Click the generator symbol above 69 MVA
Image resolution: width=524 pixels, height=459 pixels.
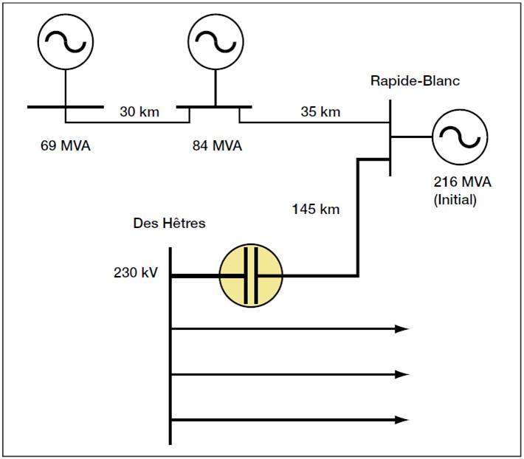tap(66, 42)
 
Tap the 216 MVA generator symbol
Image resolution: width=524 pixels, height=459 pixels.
tap(459, 137)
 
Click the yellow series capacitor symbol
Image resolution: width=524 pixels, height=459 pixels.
tap(252, 276)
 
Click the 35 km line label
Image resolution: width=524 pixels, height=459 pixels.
tap(320, 113)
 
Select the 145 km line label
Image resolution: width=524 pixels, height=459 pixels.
tap(316, 209)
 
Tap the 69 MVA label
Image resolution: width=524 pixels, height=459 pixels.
tap(66, 145)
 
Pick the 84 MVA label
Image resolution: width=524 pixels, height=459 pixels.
tap(216, 145)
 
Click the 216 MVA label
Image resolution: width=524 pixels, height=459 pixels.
tap(462, 182)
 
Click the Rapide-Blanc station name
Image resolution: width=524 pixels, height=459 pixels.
tap(415, 80)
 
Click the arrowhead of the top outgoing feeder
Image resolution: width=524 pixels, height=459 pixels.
tap(402, 328)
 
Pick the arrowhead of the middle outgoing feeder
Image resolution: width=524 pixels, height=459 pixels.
tap(402, 374)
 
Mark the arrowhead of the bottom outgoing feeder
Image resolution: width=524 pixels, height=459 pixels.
tap(402, 420)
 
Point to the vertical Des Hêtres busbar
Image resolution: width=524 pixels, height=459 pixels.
tap(170, 347)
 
